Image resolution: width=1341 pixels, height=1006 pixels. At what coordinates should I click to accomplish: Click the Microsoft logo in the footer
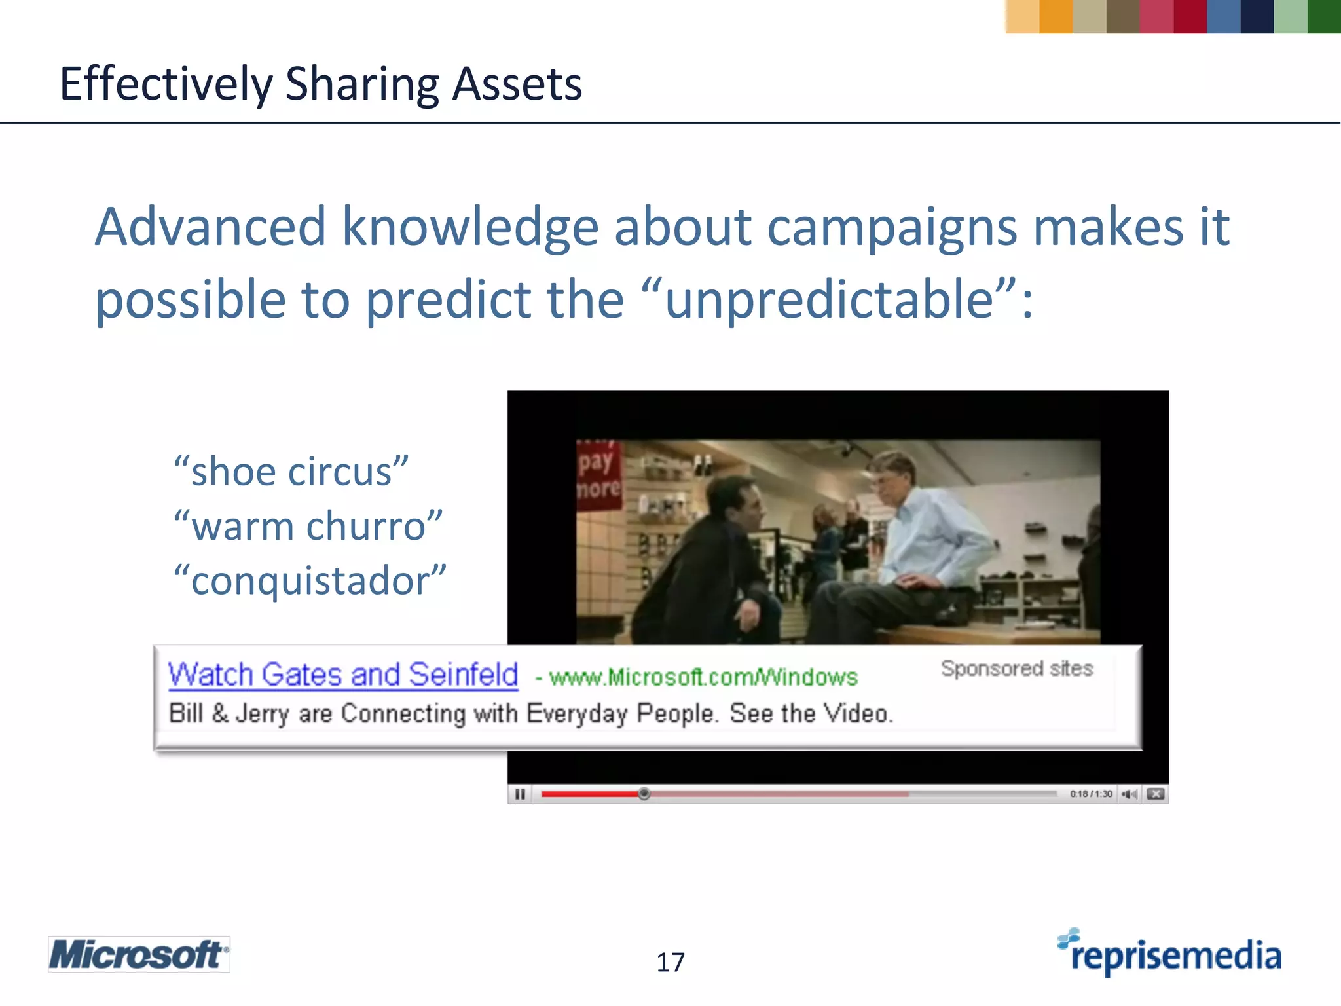click(x=139, y=954)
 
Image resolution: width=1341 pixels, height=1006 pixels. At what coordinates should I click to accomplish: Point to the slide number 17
click(x=670, y=962)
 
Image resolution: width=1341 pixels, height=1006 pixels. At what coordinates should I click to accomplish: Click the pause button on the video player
click(x=520, y=794)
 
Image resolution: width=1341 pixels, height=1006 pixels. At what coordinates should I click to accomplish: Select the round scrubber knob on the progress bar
click(x=644, y=794)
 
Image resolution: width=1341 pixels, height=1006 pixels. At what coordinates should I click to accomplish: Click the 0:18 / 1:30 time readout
click(x=1091, y=794)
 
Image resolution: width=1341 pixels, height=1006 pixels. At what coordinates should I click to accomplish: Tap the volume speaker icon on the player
click(x=1129, y=794)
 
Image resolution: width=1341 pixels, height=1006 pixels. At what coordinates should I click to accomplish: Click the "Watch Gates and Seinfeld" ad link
click(x=343, y=675)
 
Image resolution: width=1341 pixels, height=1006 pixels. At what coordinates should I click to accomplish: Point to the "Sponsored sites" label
click(x=1017, y=669)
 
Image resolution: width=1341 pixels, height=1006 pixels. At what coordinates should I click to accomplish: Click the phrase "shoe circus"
click(x=291, y=472)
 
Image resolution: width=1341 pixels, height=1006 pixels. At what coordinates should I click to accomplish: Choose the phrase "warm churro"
click(x=308, y=526)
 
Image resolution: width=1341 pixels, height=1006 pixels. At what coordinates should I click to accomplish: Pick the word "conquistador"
click(x=310, y=581)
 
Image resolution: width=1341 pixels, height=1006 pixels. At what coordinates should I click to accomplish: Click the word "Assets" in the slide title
click(x=517, y=84)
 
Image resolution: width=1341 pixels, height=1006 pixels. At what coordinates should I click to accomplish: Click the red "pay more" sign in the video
click(x=598, y=475)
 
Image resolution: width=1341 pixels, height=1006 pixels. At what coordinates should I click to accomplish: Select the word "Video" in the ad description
click(x=857, y=713)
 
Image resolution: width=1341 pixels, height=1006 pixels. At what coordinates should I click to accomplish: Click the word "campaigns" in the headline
click(x=892, y=227)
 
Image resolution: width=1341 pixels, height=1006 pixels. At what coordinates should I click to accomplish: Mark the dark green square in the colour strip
click(x=1323, y=16)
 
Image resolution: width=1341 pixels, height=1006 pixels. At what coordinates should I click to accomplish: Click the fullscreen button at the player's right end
click(x=1156, y=794)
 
